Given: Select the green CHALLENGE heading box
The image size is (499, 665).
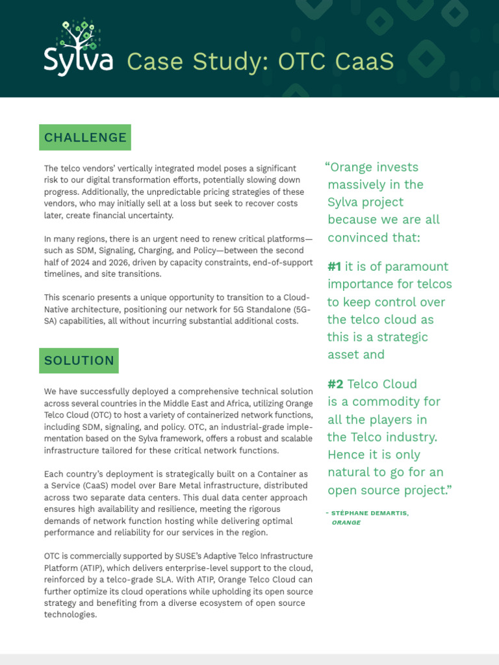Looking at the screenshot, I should coord(85,138).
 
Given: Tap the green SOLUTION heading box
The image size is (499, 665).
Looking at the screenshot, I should coord(79,360).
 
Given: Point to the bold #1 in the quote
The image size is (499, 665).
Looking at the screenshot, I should coord(335,267).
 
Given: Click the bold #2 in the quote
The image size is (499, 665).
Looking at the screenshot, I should coord(336,384).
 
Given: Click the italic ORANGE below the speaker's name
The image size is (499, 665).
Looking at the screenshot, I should coord(346,522).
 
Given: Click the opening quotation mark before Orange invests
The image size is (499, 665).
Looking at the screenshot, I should coord(327,166).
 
